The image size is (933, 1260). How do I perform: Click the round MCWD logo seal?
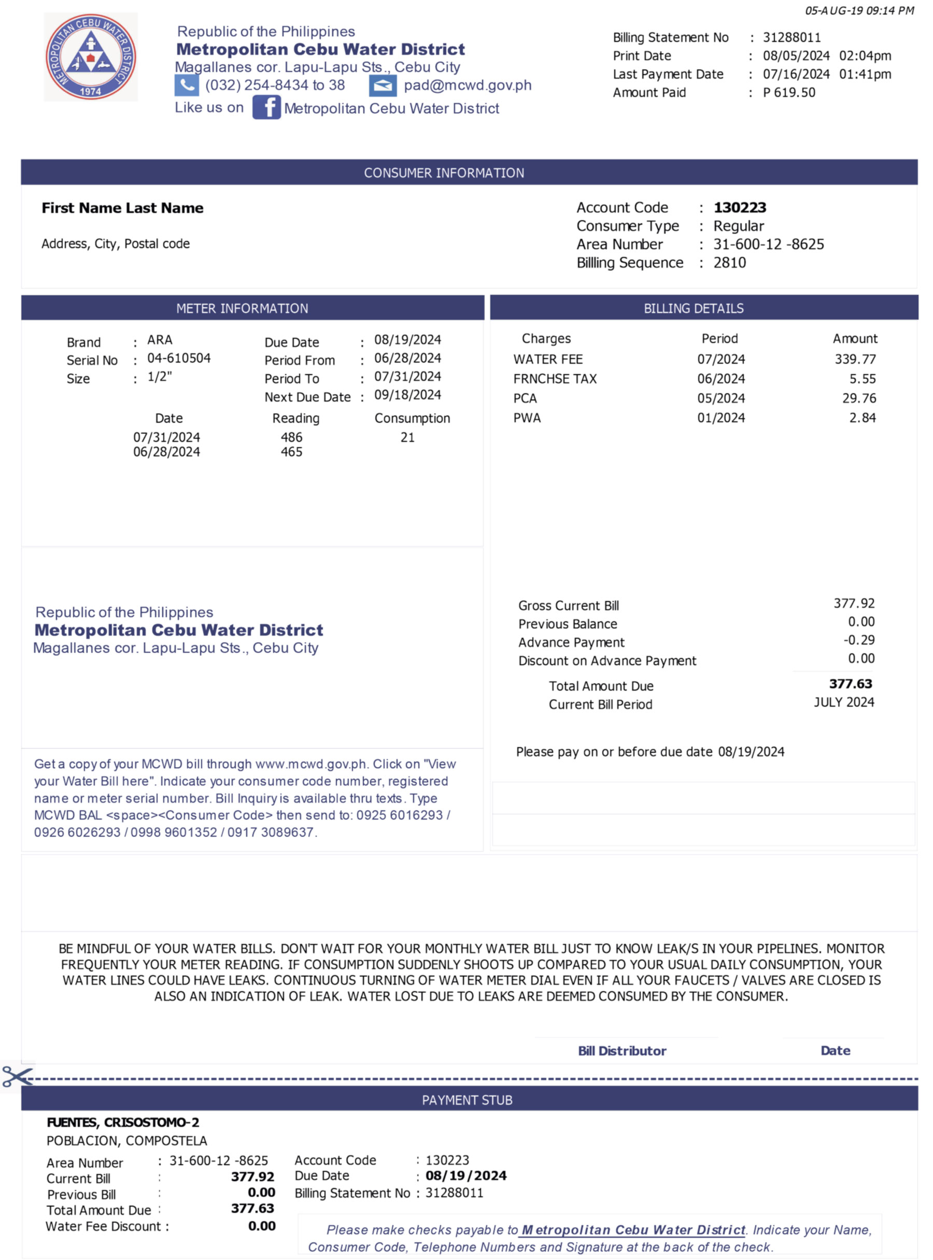(90, 57)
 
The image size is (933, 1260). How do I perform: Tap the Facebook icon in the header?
(266, 107)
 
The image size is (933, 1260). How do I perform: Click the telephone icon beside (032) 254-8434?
(187, 85)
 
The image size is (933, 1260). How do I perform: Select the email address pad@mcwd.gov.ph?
(467, 85)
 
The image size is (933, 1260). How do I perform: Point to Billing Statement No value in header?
(791, 38)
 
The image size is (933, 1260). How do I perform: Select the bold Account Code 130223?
(739, 208)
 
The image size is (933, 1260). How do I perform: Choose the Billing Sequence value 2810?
(729, 263)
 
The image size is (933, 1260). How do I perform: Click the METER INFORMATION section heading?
(242, 308)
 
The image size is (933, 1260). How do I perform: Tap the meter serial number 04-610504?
(178, 358)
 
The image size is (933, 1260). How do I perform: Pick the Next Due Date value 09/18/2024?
(407, 395)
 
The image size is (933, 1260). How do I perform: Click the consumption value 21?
(407, 437)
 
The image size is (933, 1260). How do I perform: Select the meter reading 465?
(291, 452)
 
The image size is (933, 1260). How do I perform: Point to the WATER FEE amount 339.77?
(855, 359)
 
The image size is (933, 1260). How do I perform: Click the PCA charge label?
(525, 398)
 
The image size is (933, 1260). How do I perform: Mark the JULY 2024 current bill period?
(843, 702)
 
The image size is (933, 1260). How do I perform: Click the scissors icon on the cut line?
(17, 1076)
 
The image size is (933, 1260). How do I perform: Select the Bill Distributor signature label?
(622, 1051)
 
